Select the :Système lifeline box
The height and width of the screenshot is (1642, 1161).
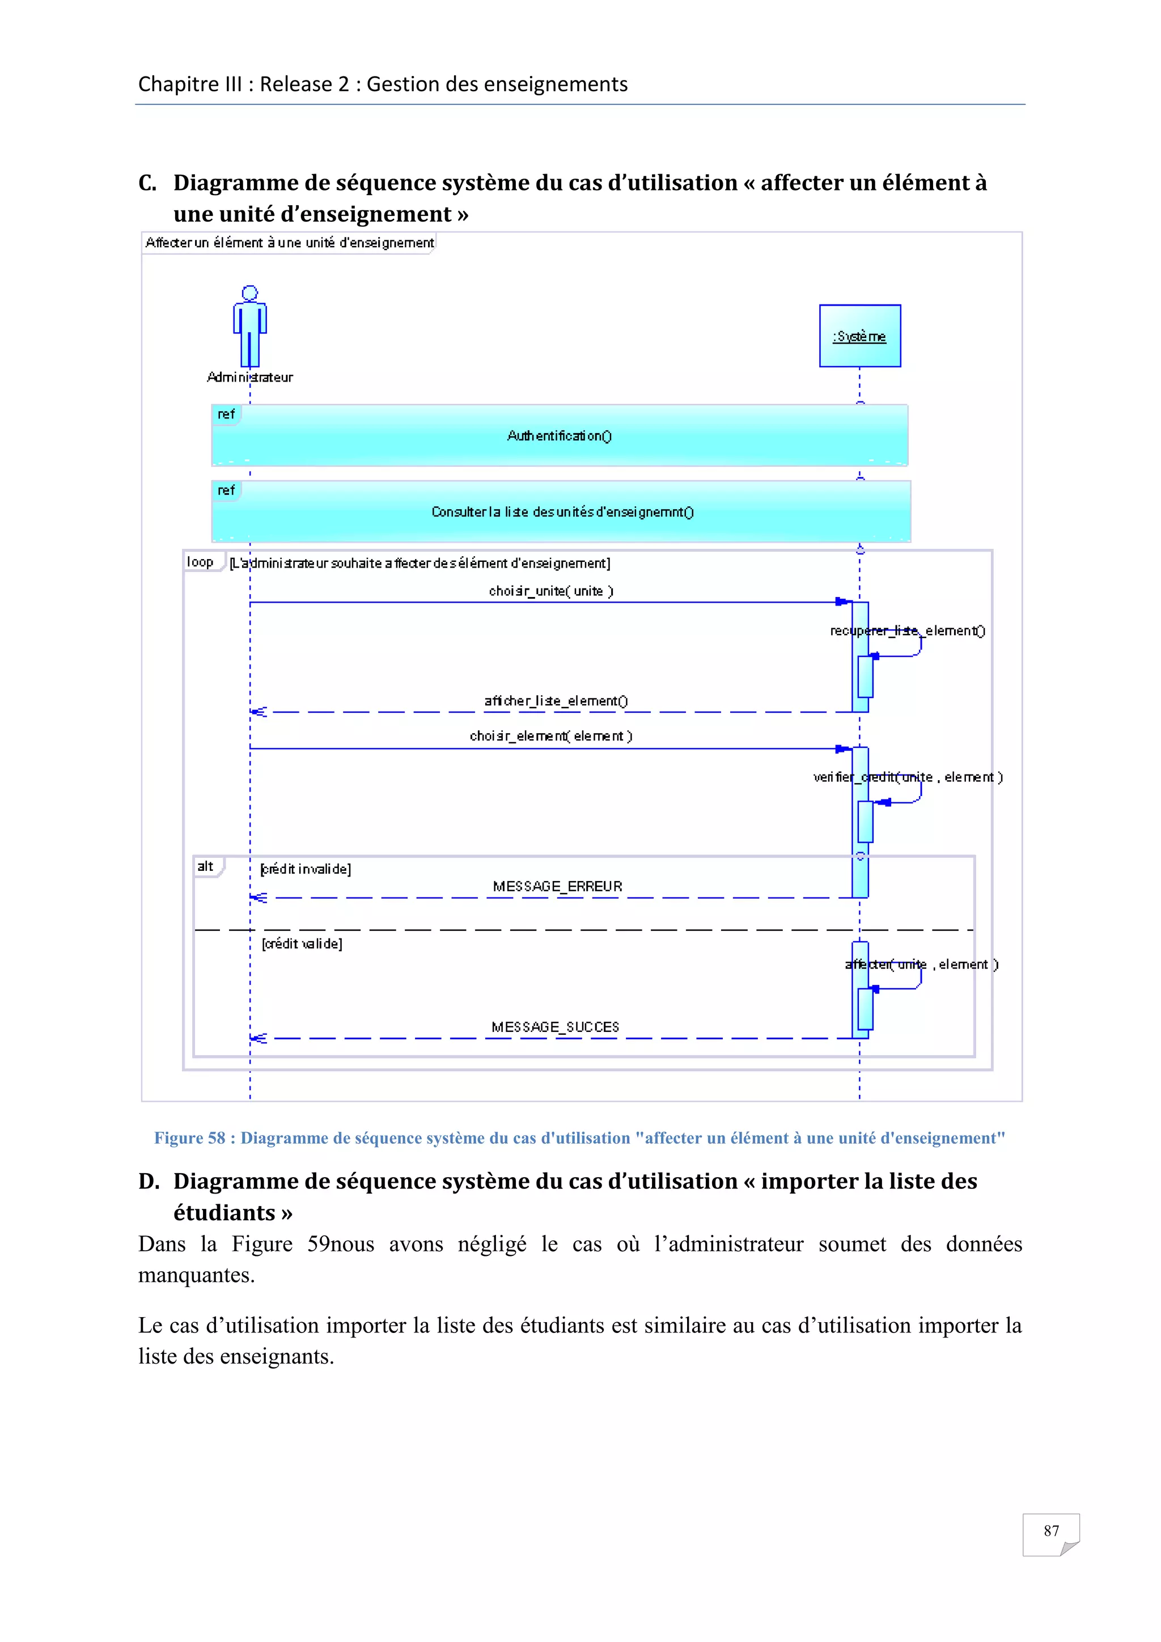pos(859,336)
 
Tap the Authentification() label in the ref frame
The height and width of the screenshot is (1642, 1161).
pos(559,435)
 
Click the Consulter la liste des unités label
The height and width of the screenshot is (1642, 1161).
pos(562,512)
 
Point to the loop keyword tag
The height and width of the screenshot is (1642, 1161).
pos(200,562)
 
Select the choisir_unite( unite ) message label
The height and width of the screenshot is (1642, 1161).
pos(550,591)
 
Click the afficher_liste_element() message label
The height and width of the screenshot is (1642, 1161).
pos(556,701)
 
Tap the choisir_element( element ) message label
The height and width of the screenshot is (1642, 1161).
pos(550,736)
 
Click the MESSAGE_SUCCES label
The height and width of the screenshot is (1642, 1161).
pos(555,1027)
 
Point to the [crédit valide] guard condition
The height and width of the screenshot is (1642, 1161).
pos(302,944)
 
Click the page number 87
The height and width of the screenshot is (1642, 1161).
pos(1050,1531)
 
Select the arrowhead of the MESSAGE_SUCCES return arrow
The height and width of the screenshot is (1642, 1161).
pos(257,1038)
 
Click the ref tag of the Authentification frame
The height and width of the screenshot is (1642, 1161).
pos(226,414)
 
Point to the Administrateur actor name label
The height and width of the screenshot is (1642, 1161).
pos(249,378)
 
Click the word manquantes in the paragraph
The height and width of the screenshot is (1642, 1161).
pos(196,1275)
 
